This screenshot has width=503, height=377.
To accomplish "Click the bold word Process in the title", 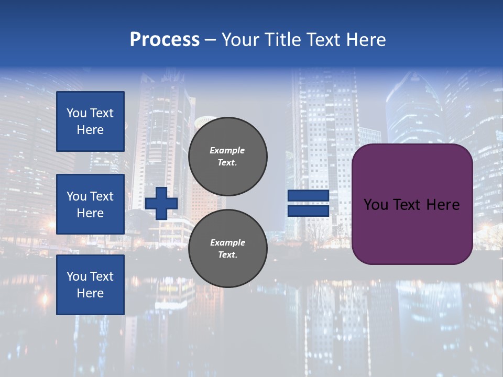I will tap(165, 40).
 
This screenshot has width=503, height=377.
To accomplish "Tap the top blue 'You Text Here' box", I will tap(90, 121).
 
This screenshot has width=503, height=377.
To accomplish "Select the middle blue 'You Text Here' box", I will tap(90, 204).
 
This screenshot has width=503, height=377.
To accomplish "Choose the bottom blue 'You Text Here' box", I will tap(90, 285).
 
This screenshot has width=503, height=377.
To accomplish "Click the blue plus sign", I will tap(161, 203).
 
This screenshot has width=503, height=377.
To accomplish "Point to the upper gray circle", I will tap(228, 156).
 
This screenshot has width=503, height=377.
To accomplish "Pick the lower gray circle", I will tap(228, 248).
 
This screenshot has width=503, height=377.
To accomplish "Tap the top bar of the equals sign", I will tap(308, 196).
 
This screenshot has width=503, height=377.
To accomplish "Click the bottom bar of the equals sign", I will tap(308, 210).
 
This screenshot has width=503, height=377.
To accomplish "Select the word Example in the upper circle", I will tap(227, 150).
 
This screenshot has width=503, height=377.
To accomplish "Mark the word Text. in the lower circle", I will tap(227, 255).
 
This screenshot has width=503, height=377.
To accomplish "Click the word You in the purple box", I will tap(376, 205).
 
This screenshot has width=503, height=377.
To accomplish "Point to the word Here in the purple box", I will tap(443, 205).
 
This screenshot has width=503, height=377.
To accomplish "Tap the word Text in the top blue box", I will tap(102, 113).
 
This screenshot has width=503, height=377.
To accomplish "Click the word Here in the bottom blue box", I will tap(90, 293).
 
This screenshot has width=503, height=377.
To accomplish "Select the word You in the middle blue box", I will tap(76, 196).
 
